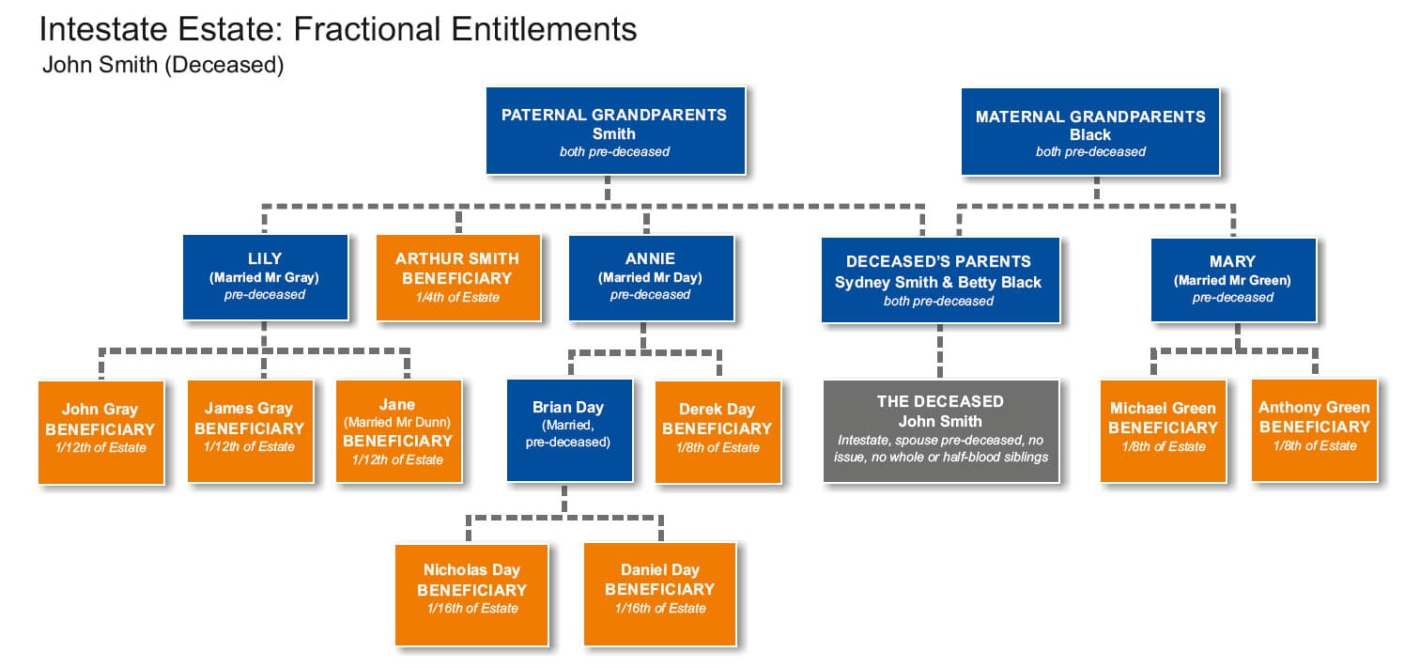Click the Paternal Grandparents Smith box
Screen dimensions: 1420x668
click(x=615, y=131)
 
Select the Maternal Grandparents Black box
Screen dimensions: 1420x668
click(x=1090, y=132)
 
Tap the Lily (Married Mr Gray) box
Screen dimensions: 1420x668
click(x=265, y=277)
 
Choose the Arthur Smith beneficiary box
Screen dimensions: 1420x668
click(x=458, y=278)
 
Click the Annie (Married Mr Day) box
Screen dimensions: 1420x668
click(x=651, y=278)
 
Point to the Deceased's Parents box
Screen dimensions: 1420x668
click(x=940, y=280)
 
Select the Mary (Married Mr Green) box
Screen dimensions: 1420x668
click(x=1233, y=280)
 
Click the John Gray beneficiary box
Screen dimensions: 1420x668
click(x=100, y=432)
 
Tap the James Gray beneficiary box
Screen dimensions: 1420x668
click(x=250, y=431)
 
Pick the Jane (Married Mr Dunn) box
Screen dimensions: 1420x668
click(x=398, y=431)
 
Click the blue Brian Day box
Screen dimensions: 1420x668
click(x=569, y=430)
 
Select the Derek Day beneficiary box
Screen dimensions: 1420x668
click(x=718, y=432)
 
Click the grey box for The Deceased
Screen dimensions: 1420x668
click(x=941, y=431)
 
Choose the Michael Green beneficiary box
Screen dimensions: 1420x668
click(x=1164, y=431)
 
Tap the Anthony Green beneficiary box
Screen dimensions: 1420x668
click(x=1314, y=430)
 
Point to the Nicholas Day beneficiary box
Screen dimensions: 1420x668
click(x=471, y=595)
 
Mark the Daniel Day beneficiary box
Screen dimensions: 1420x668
click(x=660, y=594)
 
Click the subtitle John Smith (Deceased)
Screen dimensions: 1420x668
click(x=162, y=65)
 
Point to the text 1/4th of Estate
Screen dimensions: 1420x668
click(x=457, y=298)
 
